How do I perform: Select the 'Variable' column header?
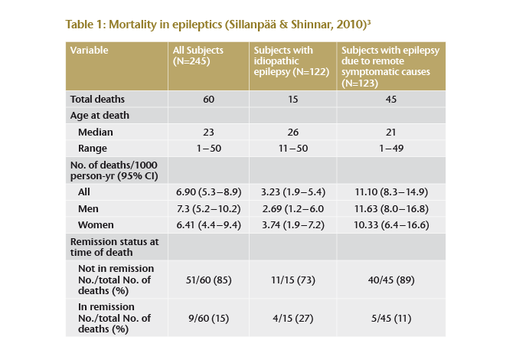(x=89, y=51)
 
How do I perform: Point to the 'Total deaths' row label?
(x=97, y=100)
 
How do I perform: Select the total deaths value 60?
(x=208, y=100)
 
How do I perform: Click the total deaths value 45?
(x=392, y=100)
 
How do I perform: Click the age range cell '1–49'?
(x=392, y=148)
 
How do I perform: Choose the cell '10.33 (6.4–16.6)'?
(x=392, y=225)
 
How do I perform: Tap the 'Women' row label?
(x=96, y=225)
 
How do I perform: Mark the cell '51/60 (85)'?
(x=208, y=280)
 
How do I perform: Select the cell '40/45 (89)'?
(x=392, y=280)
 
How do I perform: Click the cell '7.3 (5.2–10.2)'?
(x=208, y=209)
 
